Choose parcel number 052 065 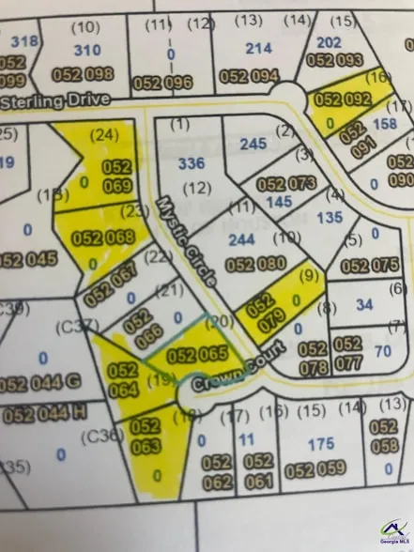click(198, 355)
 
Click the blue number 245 click(253, 144)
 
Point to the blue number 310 click(86, 49)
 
